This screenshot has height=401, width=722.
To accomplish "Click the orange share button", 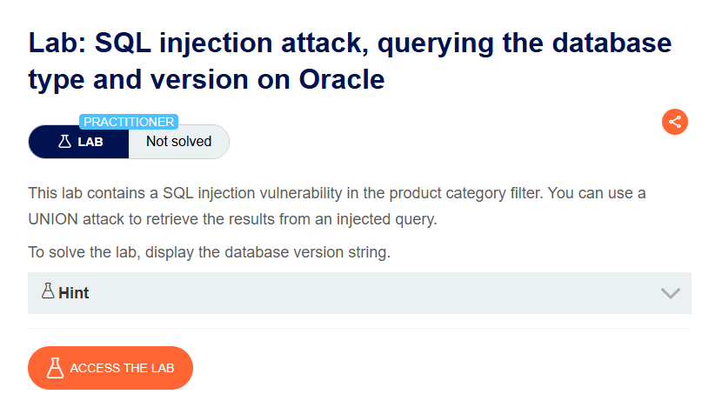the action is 674,122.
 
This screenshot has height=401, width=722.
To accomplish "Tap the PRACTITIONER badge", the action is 129,122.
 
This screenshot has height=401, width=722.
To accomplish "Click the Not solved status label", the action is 178,141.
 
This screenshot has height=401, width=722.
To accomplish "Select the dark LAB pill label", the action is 79,142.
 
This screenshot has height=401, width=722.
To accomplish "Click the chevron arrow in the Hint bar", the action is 671,293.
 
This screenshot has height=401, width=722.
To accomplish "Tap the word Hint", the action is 74,293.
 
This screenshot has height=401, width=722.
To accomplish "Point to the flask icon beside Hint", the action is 48,291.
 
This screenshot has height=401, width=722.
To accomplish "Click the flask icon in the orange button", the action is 55,368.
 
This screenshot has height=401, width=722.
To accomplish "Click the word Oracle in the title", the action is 342,79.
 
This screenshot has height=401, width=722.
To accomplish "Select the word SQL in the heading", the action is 123,43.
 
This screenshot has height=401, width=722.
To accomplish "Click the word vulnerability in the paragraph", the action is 301,193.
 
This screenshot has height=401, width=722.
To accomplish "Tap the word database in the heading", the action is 612,43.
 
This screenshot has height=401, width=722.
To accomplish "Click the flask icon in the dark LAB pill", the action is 64,141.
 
